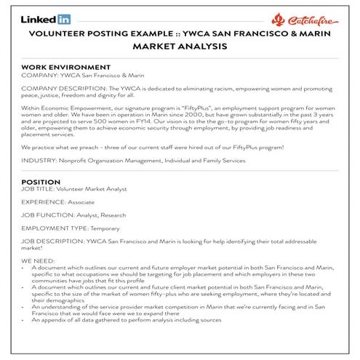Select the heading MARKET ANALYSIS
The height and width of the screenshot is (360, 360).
(180, 46)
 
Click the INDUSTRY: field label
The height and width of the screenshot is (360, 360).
(39, 159)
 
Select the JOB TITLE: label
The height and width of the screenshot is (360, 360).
(39, 188)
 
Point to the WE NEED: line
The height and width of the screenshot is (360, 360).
(38, 260)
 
